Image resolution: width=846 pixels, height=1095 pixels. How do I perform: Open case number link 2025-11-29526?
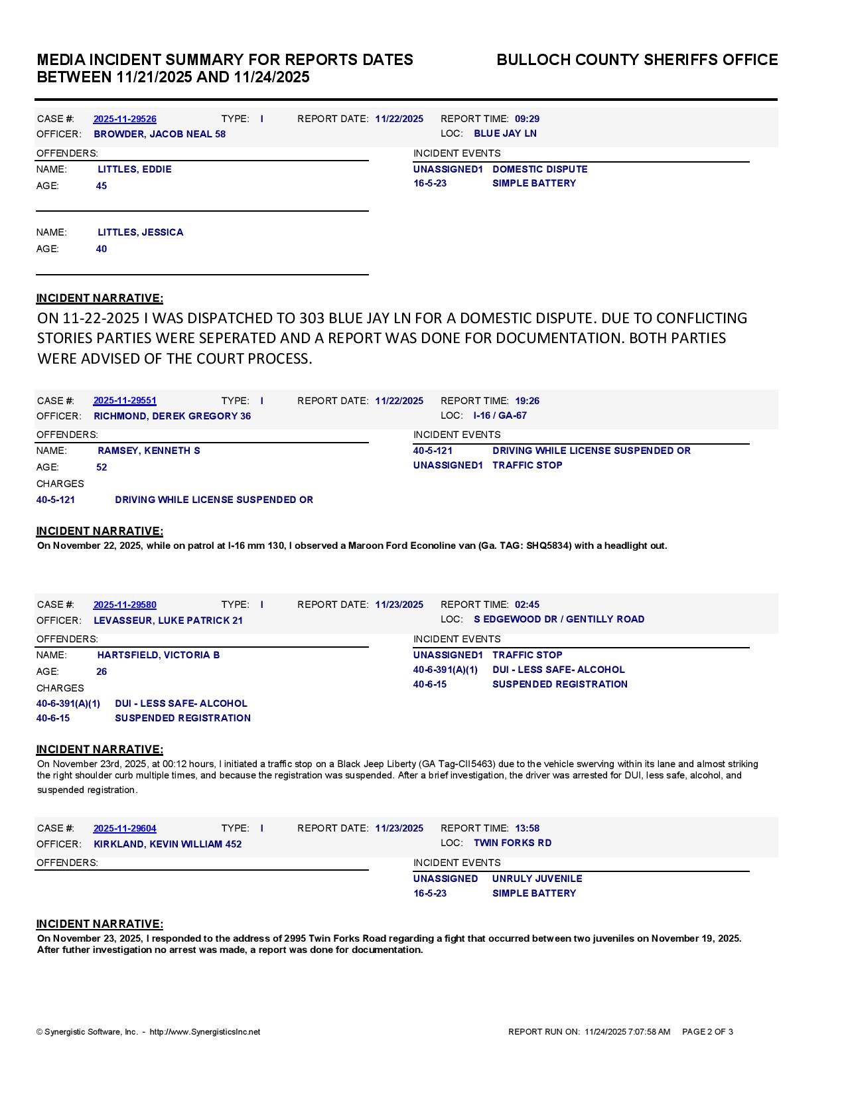(125, 119)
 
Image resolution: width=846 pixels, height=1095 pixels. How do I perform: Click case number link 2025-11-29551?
(125, 401)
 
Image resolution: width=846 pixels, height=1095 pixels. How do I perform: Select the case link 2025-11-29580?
(125, 605)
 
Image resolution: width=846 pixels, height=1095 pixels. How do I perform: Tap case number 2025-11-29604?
(125, 828)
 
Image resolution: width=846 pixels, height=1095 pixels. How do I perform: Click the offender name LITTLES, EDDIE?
(135, 169)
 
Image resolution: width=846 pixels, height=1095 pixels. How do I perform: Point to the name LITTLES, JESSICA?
(141, 232)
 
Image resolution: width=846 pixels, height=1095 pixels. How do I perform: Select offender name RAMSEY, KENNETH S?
(149, 451)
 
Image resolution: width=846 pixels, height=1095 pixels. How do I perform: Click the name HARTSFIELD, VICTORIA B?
(159, 655)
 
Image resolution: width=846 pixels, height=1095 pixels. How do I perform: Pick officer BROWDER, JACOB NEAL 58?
(159, 134)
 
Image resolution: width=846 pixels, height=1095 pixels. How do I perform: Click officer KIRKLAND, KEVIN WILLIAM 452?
(168, 844)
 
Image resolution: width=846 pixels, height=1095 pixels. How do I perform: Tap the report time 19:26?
(527, 401)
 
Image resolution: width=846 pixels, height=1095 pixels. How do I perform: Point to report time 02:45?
(527, 605)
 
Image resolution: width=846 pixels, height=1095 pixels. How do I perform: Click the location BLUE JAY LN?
(505, 133)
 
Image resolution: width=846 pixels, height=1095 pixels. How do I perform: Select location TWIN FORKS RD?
(512, 843)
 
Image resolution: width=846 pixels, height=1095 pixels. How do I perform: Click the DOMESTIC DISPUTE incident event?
(539, 169)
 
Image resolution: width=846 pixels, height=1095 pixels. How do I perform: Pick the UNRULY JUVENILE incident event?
(537, 879)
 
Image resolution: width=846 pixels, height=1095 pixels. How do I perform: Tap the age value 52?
(102, 467)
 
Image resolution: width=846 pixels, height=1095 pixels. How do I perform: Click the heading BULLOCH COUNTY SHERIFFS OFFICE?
(637, 60)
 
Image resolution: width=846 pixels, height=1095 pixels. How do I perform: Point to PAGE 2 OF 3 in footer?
(707, 1031)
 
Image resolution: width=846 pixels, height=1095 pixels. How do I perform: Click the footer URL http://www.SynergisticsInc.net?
(205, 1032)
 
